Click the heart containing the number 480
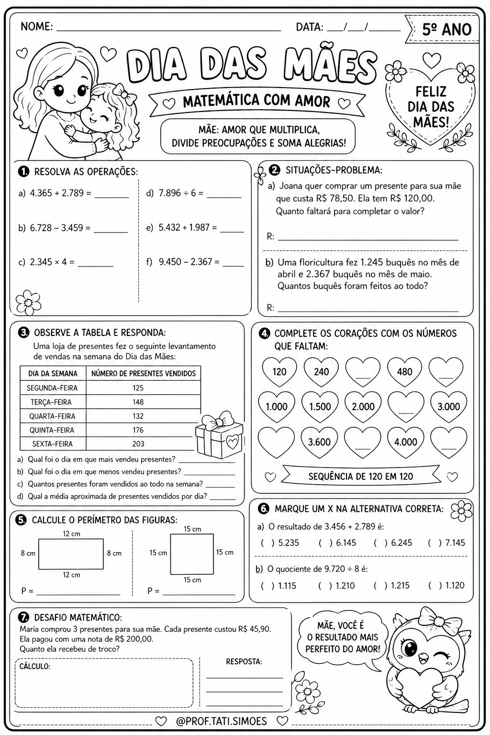click(x=404, y=371)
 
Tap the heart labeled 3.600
click(x=319, y=442)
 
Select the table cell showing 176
click(x=138, y=430)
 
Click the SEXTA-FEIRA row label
click(x=53, y=444)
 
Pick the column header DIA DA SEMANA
click(x=53, y=373)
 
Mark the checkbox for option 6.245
click(x=380, y=543)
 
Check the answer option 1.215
click(x=380, y=585)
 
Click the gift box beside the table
click(x=219, y=435)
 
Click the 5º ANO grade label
click(x=446, y=30)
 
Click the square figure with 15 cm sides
click(x=192, y=554)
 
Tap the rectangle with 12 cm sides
click(x=71, y=554)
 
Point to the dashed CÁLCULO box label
click(x=34, y=666)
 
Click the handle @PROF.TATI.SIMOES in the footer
click(x=221, y=721)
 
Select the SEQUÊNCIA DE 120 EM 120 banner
click(x=360, y=476)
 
